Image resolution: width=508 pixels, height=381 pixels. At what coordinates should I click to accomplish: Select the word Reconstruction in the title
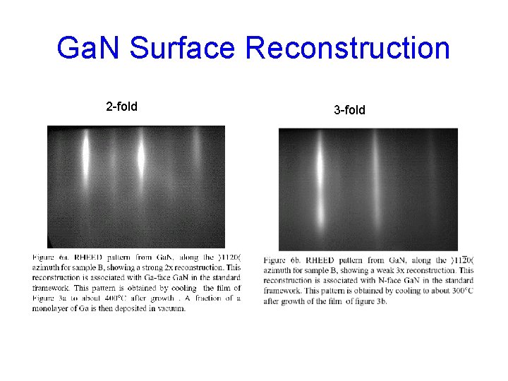pyautogui.click(x=347, y=49)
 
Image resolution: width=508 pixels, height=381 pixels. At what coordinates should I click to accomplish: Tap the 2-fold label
pyautogui.click(x=121, y=107)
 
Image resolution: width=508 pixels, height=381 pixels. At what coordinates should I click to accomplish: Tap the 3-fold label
pyautogui.click(x=349, y=109)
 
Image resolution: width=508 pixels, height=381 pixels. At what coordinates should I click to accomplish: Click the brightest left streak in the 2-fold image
pyautogui.click(x=86, y=152)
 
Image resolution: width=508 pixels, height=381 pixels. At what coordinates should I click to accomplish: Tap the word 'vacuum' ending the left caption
pyautogui.click(x=171, y=308)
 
